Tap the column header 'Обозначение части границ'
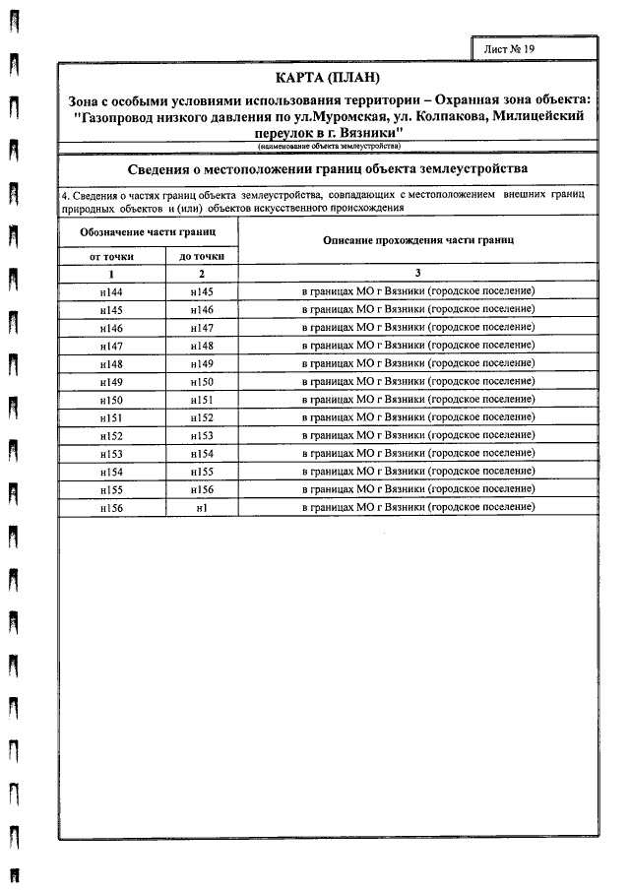point(148,232)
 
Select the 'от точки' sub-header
point(111,256)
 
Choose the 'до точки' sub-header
point(201,256)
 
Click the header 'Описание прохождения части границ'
point(417,241)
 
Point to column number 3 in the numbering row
point(417,274)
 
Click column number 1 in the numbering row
point(111,274)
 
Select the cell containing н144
point(111,292)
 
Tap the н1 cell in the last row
point(201,506)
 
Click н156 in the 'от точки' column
point(111,506)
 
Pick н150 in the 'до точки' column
point(201,381)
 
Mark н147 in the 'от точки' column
point(111,346)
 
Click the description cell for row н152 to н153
point(417,435)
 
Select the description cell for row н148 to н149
point(417,363)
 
